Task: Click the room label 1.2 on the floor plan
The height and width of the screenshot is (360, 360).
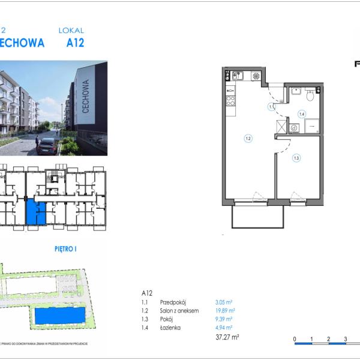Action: [248, 139]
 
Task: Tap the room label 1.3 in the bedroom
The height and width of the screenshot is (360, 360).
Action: [296, 158]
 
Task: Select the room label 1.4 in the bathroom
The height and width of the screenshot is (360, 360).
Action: [302, 113]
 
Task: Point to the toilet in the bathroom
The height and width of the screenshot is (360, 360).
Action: [310, 94]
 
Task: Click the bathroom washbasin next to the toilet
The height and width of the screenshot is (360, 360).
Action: [295, 92]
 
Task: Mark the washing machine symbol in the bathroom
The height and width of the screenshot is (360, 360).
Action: [294, 127]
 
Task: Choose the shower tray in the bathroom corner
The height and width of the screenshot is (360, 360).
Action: [312, 126]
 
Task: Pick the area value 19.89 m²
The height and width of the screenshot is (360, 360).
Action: [224, 311]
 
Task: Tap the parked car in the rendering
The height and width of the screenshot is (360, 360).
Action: [47, 146]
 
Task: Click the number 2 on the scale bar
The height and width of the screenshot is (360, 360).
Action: [328, 339]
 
